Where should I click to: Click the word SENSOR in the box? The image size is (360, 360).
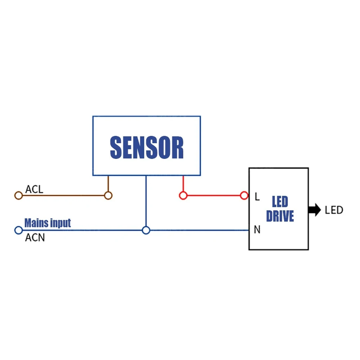point(147,148)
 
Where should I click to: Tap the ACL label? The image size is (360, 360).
point(34,189)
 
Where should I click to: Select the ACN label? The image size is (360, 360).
point(35,238)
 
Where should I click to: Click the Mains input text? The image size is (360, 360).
point(48,223)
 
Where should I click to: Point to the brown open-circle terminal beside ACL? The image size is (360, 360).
point(18,195)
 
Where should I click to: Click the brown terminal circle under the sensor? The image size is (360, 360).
point(108,195)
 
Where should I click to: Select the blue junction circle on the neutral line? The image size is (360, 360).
point(146,230)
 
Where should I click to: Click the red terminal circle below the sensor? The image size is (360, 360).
point(183,195)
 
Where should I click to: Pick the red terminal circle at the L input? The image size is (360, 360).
point(244,195)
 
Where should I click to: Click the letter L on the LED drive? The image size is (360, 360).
point(257,197)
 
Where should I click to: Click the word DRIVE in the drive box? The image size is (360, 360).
point(280,216)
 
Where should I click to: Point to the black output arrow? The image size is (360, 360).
point(314,210)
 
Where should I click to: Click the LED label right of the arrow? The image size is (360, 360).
point(334,210)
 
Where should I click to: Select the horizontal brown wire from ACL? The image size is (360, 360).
point(63,195)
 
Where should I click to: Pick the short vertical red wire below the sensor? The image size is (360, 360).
point(183,184)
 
